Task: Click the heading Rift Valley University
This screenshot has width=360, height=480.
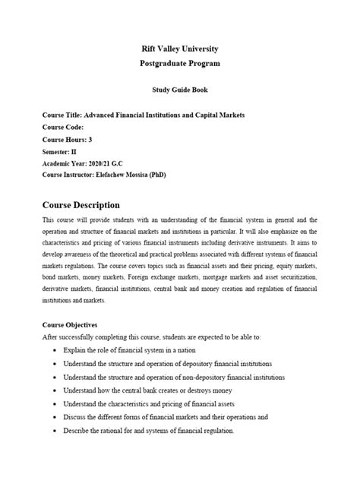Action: coord(180,49)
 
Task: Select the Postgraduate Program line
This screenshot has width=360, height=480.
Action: coord(180,63)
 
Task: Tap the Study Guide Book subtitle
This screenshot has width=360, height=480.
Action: coord(180,90)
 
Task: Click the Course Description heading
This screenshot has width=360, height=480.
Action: coord(81,205)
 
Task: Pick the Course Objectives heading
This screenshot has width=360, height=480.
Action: coord(74,324)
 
